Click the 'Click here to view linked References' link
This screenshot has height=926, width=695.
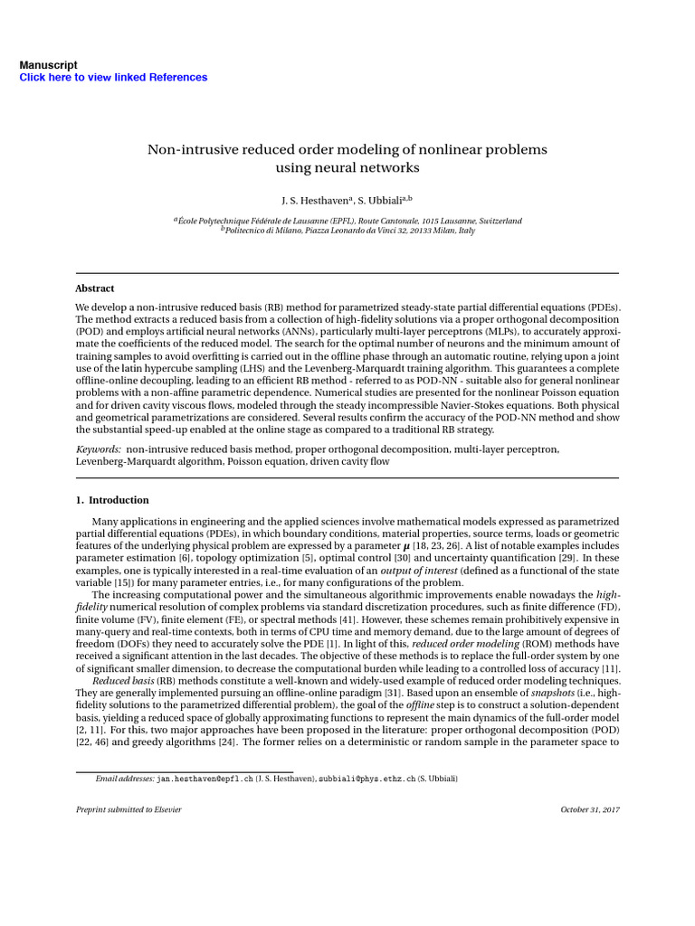(x=113, y=78)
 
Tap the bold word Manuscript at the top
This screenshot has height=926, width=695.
(x=48, y=65)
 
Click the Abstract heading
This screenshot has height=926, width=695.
(x=94, y=288)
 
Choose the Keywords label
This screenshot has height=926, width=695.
(x=98, y=449)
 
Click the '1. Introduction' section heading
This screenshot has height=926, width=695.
(x=112, y=500)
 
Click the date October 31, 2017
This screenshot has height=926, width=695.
(x=590, y=809)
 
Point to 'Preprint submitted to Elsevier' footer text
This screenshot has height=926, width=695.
(x=129, y=809)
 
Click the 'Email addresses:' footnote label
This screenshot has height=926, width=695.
(x=125, y=778)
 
